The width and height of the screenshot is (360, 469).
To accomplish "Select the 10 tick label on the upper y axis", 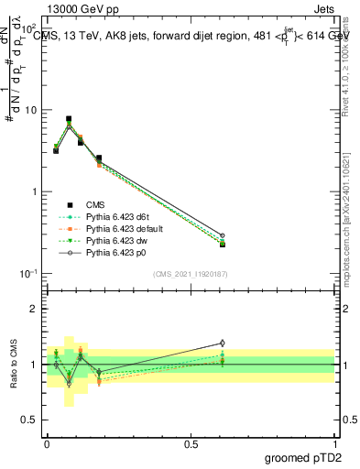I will (33, 110).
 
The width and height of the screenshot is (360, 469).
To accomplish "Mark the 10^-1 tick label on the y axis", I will (31, 274).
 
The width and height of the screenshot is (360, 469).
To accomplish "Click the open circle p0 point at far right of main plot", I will (222, 235).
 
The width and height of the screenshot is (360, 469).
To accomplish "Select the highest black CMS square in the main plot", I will (69, 119).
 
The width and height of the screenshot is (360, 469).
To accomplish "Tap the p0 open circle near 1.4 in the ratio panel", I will (222, 343).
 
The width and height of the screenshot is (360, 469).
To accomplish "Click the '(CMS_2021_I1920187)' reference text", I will (191, 274).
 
